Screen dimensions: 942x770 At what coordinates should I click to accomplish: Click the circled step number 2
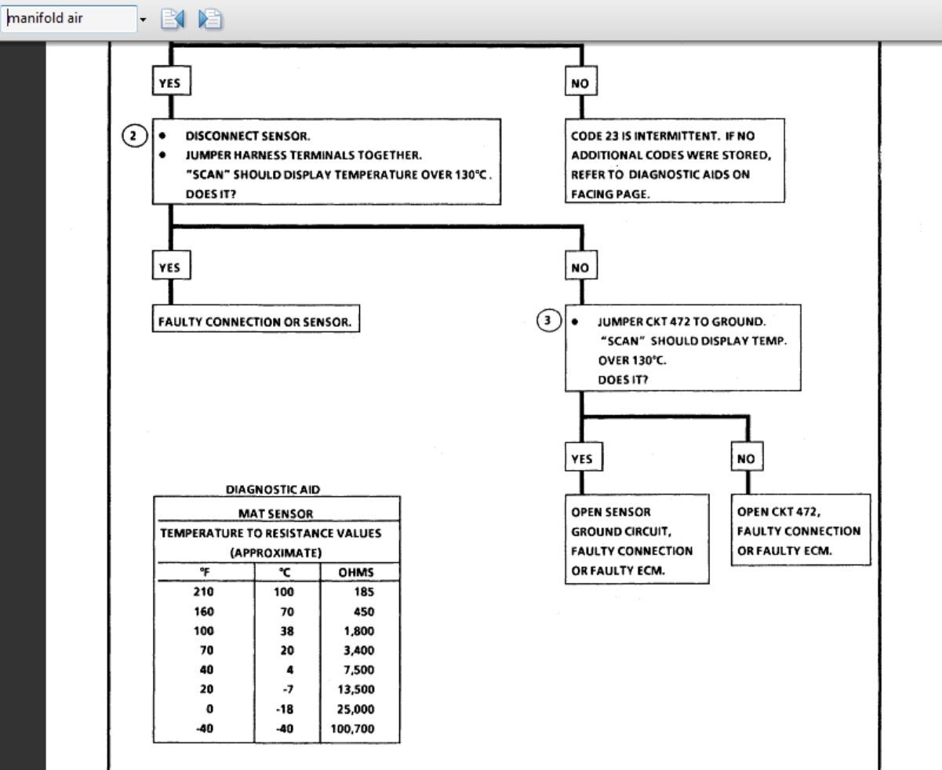coord(134,136)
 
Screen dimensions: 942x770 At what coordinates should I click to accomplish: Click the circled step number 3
coord(548,320)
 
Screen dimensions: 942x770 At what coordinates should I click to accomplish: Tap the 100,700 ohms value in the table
coord(352,728)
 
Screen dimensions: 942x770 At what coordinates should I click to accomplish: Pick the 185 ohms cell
coord(364,592)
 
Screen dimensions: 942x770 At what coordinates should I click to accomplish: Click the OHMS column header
coord(356,572)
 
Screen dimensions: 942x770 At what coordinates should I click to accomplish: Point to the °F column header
coord(205,572)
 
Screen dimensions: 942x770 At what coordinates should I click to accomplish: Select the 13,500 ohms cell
coord(356,689)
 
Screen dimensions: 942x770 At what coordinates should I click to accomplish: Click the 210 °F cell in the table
coord(203,592)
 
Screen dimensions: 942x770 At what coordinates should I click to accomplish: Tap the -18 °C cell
coord(285,709)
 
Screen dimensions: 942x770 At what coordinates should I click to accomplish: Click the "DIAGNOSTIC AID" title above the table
coord(273,489)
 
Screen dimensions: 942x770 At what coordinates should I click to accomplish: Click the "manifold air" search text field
coord(69,18)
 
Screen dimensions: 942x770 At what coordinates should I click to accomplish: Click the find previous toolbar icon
coord(173,19)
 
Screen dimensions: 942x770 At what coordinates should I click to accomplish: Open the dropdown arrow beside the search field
coord(143,19)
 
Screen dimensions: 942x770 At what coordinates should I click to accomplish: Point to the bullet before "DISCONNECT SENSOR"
coord(162,136)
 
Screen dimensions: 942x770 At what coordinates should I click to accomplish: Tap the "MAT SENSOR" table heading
coord(275,513)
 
